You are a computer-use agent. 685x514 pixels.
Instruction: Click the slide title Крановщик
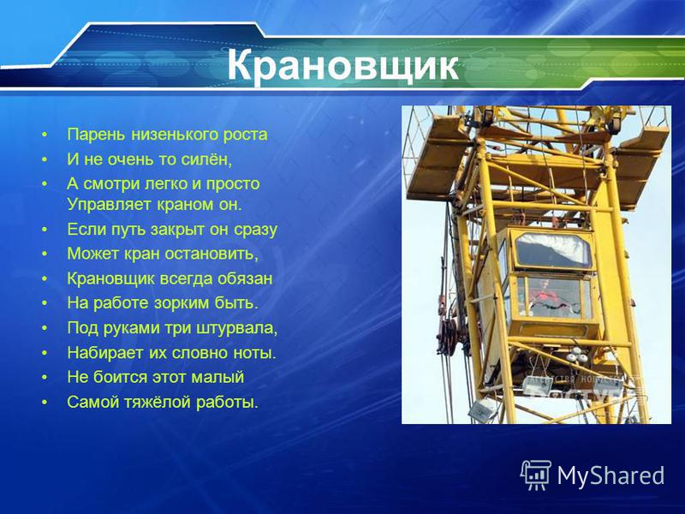pyautogui.click(x=342, y=66)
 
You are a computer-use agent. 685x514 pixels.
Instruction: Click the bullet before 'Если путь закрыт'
pyautogui.click(x=45, y=230)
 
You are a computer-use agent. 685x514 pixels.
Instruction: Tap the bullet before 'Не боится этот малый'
pyautogui.click(x=45, y=377)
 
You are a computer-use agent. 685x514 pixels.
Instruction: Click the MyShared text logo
pyautogui.click(x=611, y=475)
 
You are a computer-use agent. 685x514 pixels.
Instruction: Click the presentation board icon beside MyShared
pyautogui.click(x=535, y=475)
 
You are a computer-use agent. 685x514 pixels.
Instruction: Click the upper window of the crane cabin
pyautogui.click(x=553, y=250)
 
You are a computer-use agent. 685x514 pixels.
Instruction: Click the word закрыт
pyautogui.click(x=178, y=230)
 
